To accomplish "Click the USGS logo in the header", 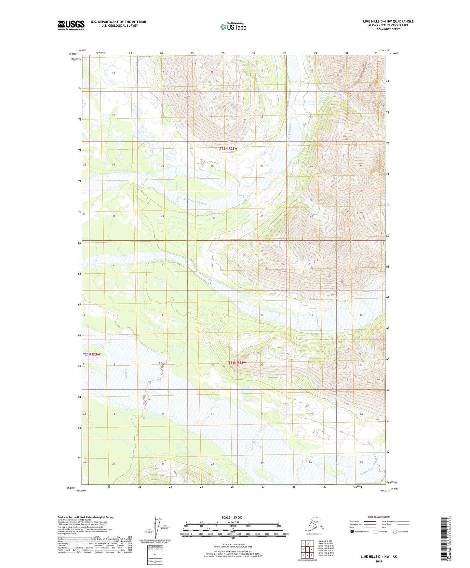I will (71, 25).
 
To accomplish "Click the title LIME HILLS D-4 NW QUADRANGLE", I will (388, 21).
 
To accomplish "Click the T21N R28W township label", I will (237, 362).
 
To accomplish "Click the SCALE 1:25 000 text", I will (232, 518).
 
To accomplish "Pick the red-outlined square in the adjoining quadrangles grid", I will (307, 549).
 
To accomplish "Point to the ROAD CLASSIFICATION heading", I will (379, 517).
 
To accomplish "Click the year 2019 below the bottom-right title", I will (379, 561).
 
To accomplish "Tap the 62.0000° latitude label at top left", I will (72, 54).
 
